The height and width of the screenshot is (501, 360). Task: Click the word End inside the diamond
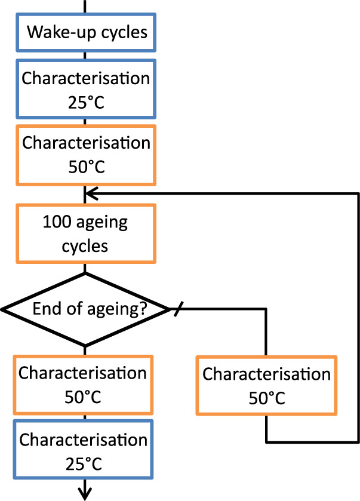point(46,309)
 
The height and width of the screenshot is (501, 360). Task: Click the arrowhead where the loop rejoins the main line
point(90,193)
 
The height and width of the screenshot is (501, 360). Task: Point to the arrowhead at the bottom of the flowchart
point(85,493)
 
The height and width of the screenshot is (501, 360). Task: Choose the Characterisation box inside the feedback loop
point(266,385)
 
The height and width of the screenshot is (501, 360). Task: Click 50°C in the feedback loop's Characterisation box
point(266,397)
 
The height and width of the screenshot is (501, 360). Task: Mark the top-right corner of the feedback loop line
point(358,193)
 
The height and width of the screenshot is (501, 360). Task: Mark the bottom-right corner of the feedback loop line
point(358,442)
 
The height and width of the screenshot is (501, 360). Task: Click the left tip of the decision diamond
point(4,309)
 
